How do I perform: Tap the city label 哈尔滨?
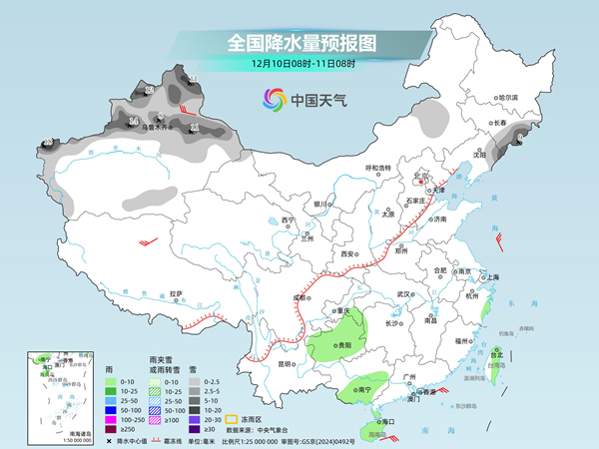coord(509,97)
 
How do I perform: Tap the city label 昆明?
coord(285,363)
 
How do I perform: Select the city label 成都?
coord(300,296)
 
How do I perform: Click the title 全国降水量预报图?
coord(299,42)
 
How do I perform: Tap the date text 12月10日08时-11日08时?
coord(299,63)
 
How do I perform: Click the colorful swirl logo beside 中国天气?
coord(274,99)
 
